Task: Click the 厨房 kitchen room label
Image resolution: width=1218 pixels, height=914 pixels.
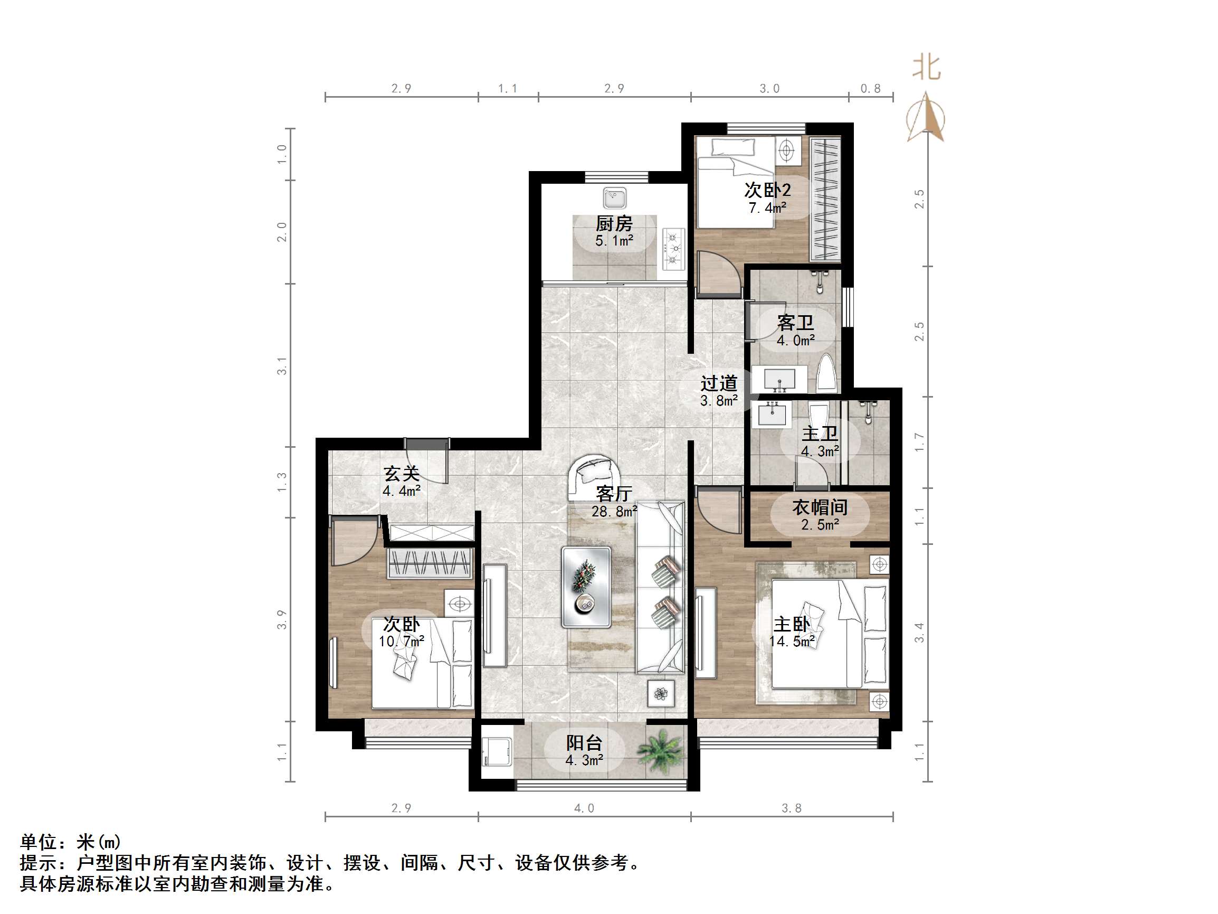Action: click(x=614, y=223)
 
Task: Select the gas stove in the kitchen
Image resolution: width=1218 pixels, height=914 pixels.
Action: click(x=673, y=250)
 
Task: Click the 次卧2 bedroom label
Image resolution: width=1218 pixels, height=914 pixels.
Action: click(x=767, y=190)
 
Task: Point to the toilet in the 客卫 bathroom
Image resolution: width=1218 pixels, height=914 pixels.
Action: click(x=827, y=374)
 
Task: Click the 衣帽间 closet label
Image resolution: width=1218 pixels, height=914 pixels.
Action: click(x=820, y=507)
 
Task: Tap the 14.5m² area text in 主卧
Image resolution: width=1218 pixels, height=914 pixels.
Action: click(x=792, y=642)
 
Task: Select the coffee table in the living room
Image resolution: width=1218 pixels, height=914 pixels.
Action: click(x=586, y=587)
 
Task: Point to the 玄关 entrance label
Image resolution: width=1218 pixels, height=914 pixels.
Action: click(x=402, y=473)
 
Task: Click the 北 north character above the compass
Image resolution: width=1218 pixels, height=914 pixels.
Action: click(x=927, y=67)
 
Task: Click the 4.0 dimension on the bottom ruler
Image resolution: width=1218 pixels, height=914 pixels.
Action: click(x=584, y=808)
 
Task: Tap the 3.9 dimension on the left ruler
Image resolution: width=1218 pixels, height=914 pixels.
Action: click(x=282, y=620)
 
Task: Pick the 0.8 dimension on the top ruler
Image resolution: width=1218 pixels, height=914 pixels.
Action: click(x=871, y=89)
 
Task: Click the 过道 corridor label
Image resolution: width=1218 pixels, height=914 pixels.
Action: click(x=719, y=383)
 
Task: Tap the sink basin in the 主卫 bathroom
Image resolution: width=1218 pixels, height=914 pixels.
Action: click(x=772, y=414)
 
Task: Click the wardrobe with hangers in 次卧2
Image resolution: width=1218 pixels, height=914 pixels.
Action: click(x=825, y=199)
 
